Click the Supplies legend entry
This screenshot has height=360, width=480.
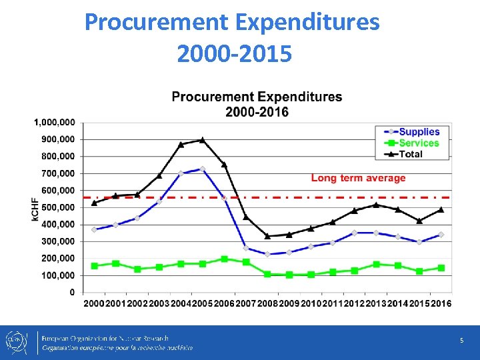coord(419,132)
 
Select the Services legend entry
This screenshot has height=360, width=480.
coord(419,143)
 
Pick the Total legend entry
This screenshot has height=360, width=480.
coord(411,154)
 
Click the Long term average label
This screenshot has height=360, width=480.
coord(358,178)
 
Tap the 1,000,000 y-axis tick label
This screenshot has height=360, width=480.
coord(54,123)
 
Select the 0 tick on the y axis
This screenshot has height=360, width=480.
coord(72,292)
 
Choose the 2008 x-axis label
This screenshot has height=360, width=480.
coord(267,303)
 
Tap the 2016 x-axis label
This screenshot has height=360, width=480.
coord(440,303)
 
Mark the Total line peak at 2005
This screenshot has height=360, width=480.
coord(202,140)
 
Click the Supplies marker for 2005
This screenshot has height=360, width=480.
coord(202,169)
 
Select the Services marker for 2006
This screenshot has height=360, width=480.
coord(224,259)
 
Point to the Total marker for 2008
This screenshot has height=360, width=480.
coord(267,236)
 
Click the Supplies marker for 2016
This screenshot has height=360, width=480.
coord(441,235)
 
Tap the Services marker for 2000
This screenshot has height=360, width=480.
coord(94,266)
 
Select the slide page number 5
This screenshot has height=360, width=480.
coord(461,341)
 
